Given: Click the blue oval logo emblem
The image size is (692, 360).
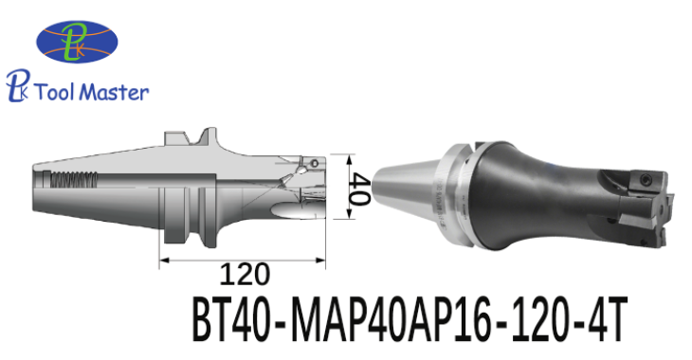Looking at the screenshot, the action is (x=77, y=42).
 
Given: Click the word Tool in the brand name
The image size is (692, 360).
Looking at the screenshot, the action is (x=55, y=92).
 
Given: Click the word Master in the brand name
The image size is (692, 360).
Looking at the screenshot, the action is (x=116, y=92).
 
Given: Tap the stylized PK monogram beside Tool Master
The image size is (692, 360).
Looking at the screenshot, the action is (x=18, y=85).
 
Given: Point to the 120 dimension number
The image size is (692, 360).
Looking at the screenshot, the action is (x=244, y=274).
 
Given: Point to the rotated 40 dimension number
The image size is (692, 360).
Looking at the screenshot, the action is (x=358, y=189).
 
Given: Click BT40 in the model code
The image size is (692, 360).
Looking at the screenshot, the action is (x=231, y=320).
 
